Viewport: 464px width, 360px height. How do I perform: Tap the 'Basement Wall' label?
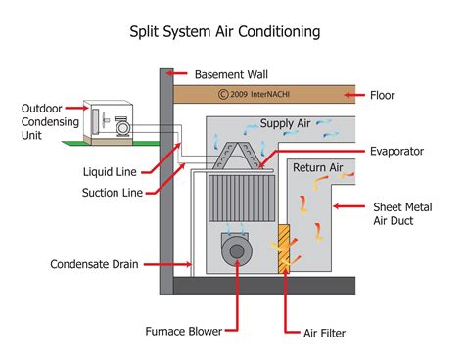tap(232, 74)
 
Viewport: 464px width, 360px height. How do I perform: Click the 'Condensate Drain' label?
tap(89, 264)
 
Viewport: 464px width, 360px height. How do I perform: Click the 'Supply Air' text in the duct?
tap(285, 124)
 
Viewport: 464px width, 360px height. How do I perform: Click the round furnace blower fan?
tap(237, 252)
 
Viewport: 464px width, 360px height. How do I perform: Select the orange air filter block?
tap(286, 250)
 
